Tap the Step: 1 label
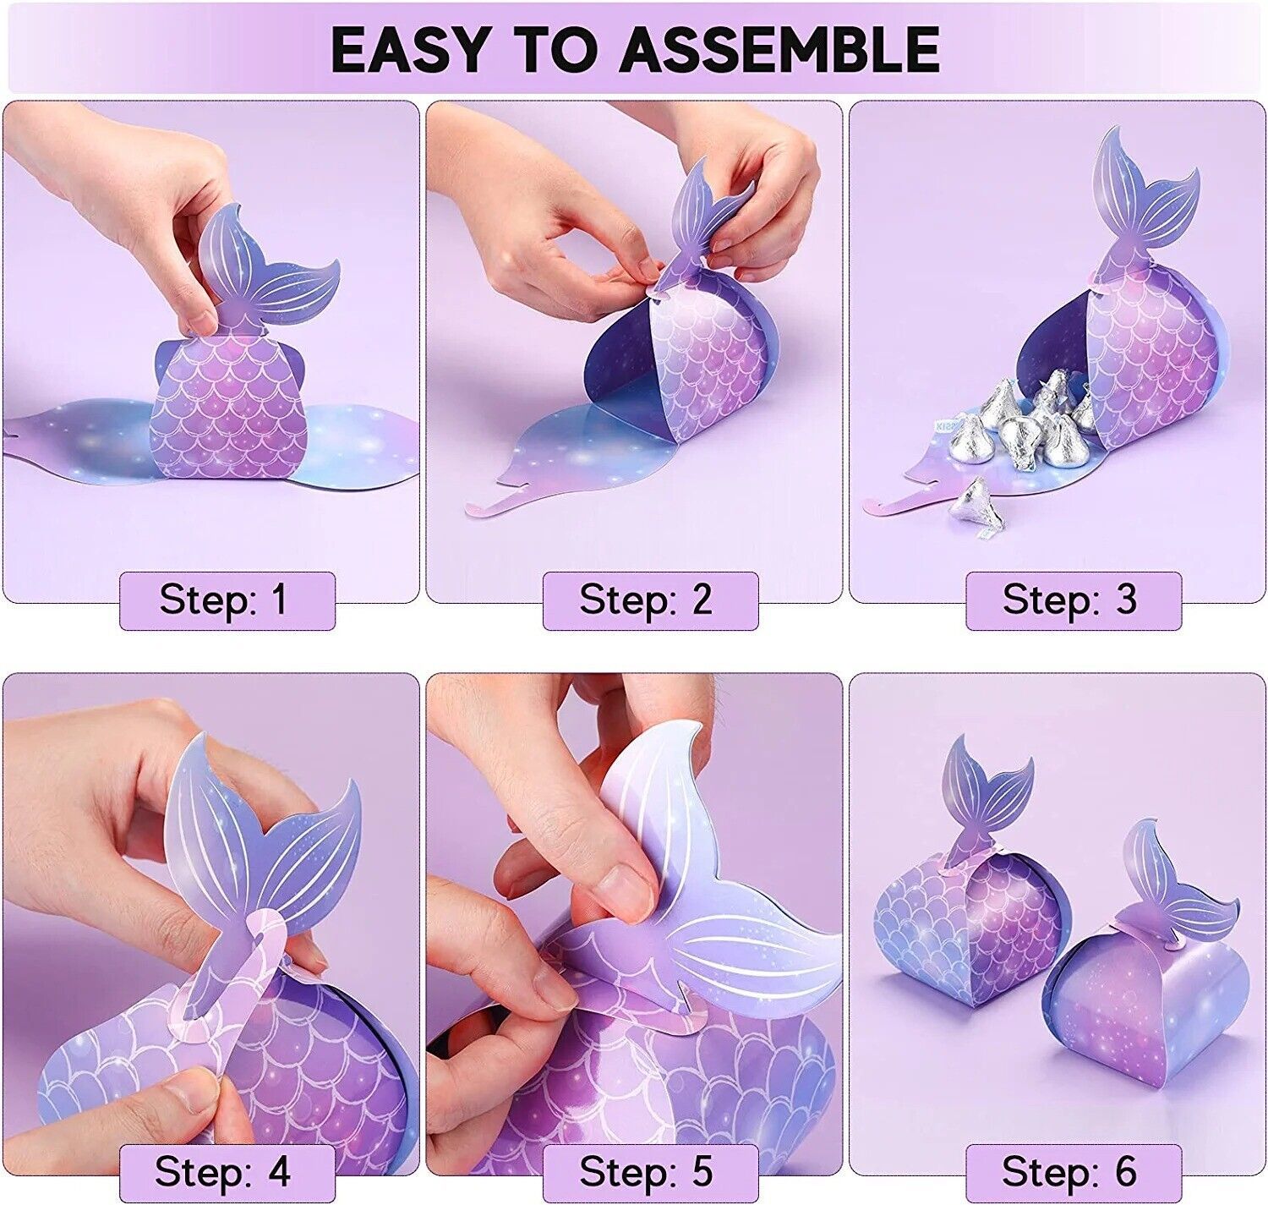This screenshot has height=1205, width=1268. tap(223, 600)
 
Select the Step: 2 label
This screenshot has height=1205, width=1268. tap(646, 600)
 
